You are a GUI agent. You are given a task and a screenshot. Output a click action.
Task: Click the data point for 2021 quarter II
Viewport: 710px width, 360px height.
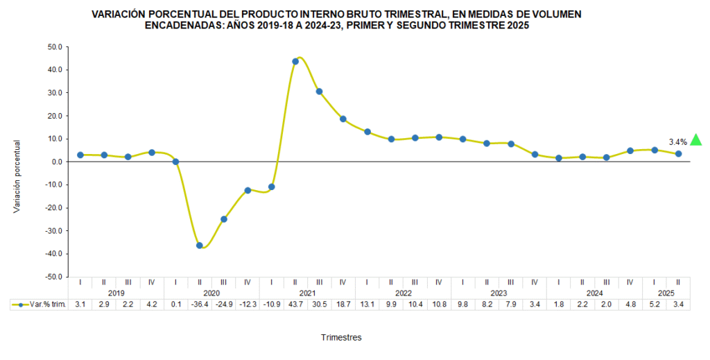[x=295, y=62]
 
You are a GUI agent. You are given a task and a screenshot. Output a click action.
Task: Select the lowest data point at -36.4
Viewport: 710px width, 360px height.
[x=200, y=246]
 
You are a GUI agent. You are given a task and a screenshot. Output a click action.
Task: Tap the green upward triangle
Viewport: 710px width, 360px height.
[x=696, y=140]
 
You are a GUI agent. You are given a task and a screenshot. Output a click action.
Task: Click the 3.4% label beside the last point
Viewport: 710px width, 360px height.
[x=677, y=142]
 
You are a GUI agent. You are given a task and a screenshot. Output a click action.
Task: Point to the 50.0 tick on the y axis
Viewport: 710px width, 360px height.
[x=55, y=47]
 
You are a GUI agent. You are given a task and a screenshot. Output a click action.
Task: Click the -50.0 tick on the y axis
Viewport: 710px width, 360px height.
[x=54, y=277]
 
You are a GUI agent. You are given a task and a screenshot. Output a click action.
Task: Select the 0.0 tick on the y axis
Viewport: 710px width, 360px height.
[x=58, y=162]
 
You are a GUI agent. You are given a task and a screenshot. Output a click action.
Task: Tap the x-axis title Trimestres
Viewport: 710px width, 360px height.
[x=341, y=338]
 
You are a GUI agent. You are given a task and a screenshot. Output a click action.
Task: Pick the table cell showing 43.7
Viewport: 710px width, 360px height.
[x=295, y=305]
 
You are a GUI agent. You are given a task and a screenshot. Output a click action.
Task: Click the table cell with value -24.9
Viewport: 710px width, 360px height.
[x=223, y=305]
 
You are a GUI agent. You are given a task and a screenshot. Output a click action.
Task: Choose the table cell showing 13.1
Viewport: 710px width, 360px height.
[x=367, y=305]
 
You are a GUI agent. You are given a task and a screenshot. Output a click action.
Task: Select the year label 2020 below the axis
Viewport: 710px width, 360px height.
[x=211, y=293]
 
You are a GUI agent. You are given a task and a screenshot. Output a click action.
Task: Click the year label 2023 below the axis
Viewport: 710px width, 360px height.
[x=499, y=293]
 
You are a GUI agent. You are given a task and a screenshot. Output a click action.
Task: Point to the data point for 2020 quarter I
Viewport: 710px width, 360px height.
[x=176, y=162]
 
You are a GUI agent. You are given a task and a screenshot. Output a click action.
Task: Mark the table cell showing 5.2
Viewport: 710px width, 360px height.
[x=654, y=305]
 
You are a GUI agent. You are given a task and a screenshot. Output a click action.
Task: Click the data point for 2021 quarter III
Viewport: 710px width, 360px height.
[x=319, y=92]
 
